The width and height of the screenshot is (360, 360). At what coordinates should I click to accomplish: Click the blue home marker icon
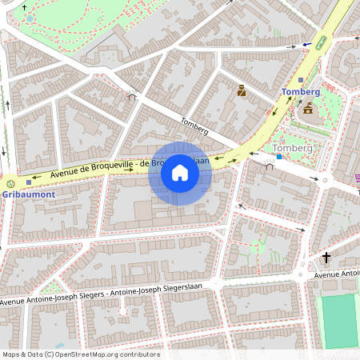pyautogui.click(x=180, y=173)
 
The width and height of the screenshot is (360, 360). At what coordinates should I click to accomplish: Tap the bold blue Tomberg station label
pyautogui.click(x=300, y=92)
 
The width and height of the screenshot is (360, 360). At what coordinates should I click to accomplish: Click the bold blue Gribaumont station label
pyautogui.click(x=28, y=194)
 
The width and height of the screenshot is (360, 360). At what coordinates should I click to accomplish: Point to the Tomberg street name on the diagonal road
pyautogui.click(x=194, y=125)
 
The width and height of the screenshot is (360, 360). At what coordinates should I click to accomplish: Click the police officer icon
pyautogui.click(x=241, y=90)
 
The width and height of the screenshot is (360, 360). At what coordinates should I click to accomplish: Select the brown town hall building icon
pyautogui.click(x=308, y=108)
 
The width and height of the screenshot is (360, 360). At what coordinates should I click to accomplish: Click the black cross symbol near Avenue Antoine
pyautogui.click(x=326, y=258)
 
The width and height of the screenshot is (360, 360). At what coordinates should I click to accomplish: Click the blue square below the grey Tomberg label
pyautogui.click(x=278, y=157)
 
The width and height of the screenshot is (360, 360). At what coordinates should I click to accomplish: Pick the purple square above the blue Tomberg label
pyautogui.click(x=301, y=80)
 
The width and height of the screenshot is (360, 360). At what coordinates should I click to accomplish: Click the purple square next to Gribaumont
pyautogui.click(x=29, y=182)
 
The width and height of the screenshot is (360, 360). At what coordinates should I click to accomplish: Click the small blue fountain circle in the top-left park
pyautogui.click(x=30, y=18)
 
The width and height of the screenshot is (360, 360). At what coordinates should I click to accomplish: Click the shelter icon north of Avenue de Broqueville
pyautogui.click(x=132, y=97)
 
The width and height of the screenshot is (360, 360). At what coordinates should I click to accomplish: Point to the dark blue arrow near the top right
pyautogui.click(x=307, y=43)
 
